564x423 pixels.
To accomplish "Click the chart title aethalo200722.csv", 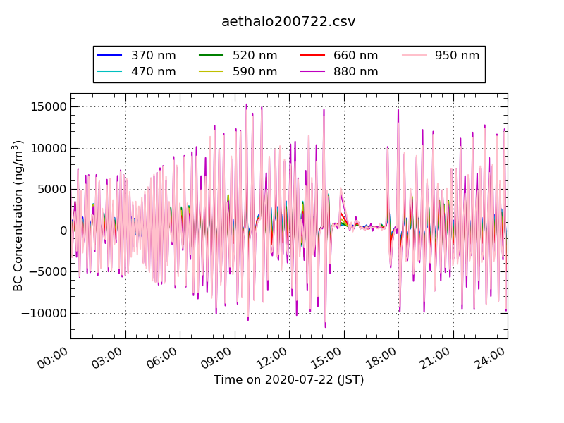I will [x=288, y=22].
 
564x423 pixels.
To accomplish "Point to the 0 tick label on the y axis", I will [x=63, y=231].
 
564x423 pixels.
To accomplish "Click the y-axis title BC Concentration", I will [x=18, y=216].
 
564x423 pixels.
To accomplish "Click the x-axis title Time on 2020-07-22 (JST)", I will [x=288, y=380].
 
